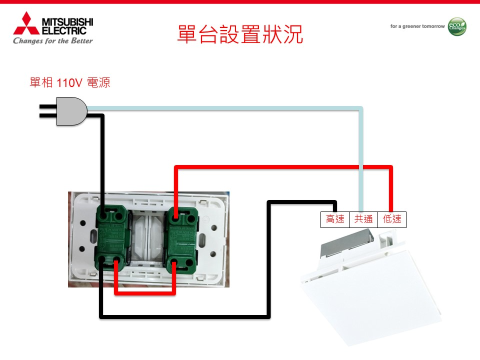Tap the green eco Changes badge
point(457,26)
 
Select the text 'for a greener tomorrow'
point(417,26)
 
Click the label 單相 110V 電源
point(69,83)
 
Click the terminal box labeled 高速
point(335,219)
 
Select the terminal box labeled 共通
point(363,219)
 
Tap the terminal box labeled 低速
point(392,219)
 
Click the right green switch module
point(183,235)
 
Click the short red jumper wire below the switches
point(145,292)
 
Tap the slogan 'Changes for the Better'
point(53,41)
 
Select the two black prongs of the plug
point(47,111)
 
